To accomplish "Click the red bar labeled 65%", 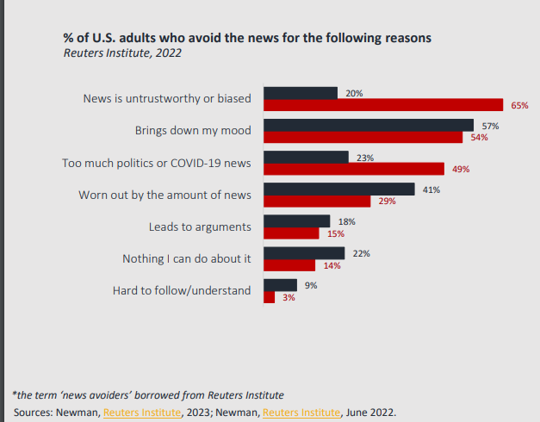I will [382, 105].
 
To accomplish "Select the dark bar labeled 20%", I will [300, 93].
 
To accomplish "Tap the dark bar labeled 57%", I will [368, 125].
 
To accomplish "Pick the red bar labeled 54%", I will [363, 137].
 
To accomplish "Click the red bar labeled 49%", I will [353, 169].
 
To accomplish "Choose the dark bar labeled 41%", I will [338, 189].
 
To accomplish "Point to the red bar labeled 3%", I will [269, 296].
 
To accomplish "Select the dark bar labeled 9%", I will [280, 284].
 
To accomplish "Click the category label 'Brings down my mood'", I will [193, 131].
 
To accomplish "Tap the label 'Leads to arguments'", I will [200, 227].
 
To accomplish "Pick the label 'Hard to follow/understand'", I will [182, 290].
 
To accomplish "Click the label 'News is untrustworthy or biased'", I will [167, 98].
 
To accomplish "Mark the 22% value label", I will [362, 253].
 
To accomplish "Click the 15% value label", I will [336, 233].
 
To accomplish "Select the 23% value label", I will [364, 158].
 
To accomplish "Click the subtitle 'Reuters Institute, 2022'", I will [122, 53].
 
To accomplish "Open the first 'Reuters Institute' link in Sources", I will [142, 412].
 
